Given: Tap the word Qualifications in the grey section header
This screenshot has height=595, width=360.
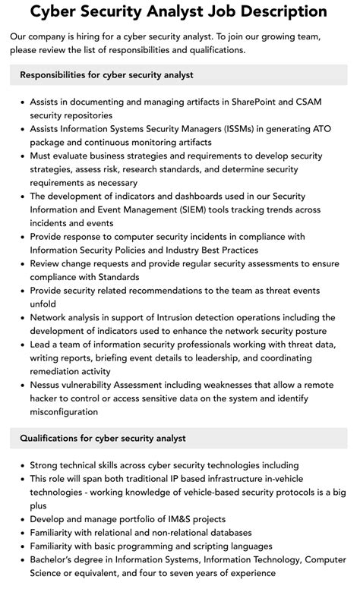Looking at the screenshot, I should [x=51, y=438].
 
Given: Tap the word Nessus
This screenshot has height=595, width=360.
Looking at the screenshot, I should [x=47, y=385].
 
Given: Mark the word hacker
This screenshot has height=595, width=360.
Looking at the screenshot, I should [x=48, y=398].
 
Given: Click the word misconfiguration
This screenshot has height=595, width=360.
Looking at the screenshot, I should [x=64, y=412].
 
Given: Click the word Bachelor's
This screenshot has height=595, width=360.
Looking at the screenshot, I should [x=58, y=560].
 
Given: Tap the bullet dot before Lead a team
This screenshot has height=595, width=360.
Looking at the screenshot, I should [x=22, y=345].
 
